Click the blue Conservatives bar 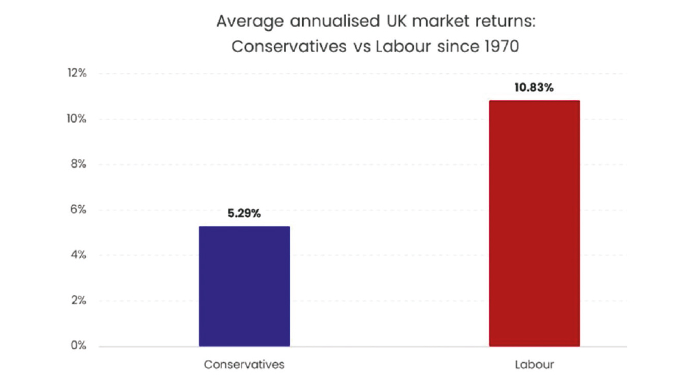pyautogui.click(x=244, y=286)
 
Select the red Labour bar pyautogui.click(x=534, y=223)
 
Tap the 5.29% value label pyautogui.click(x=244, y=214)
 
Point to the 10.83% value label pyautogui.click(x=534, y=88)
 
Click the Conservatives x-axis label pyautogui.click(x=244, y=364)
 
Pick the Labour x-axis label pyautogui.click(x=534, y=364)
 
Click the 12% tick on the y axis pyautogui.click(x=77, y=73)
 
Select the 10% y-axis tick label pyautogui.click(x=77, y=119)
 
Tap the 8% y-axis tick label pyautogui.click(x=79, y=164)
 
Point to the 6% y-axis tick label pyautogui.click(x=79, y=210)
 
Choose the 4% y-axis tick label pyautogui.click(x=79, y=255)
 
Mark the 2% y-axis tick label pyautogui.click(x=79, y=301)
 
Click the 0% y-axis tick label pyautogui.click(x=79, y=346)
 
